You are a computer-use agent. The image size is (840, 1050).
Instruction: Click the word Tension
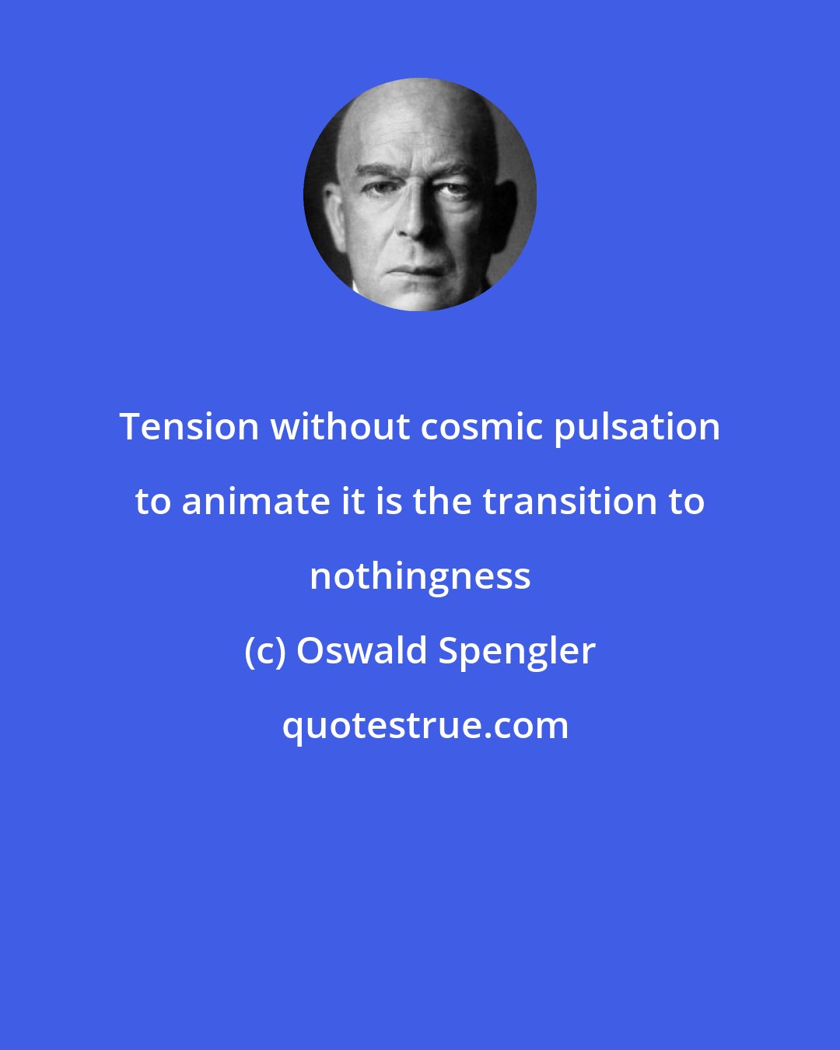(x=189, y=427)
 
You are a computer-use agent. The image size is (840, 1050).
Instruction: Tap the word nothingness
(x=420, y=577)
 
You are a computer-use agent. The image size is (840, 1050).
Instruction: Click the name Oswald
(x=362, y=651)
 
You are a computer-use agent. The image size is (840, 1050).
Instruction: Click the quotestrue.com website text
(x=425, y=726)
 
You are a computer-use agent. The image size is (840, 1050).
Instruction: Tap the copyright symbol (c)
(x=265, y=652)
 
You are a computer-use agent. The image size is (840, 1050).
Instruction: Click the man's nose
(x=419, y=222)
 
